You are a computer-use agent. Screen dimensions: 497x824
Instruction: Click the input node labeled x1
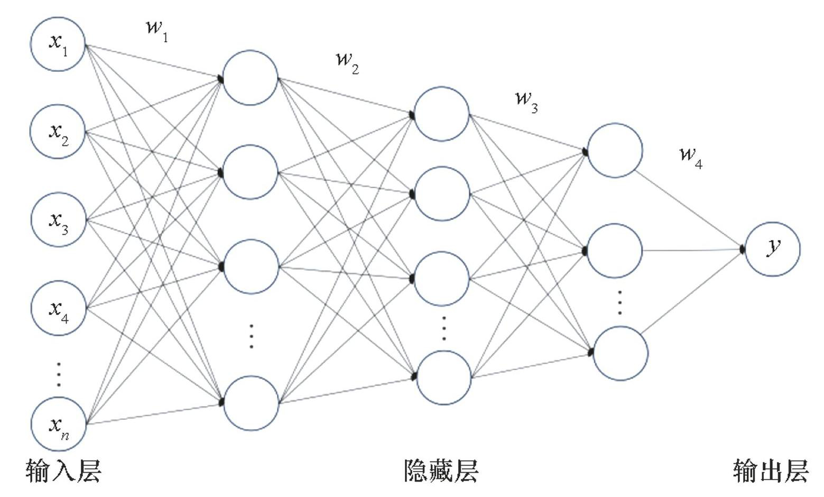(58, 44)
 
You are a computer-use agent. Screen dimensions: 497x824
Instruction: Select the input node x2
(58, 132)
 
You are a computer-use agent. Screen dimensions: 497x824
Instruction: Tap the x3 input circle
(58, 220)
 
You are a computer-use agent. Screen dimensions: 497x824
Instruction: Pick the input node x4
(58, 308)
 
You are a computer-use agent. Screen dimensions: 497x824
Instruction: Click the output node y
(773, 248)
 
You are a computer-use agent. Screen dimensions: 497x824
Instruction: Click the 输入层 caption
(63, 471)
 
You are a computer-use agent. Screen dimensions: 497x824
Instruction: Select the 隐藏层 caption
(441, 471)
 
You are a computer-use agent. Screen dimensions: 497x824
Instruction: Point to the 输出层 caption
(771, 471)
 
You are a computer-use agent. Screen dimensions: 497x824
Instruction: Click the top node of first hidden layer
(250, 78)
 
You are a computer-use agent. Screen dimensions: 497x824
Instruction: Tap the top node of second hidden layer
(441, 114)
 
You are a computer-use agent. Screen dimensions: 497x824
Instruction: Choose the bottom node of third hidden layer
(621, 353)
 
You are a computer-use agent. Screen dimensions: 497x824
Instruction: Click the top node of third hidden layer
(615, 150)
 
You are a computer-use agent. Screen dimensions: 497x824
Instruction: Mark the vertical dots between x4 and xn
(59, 374)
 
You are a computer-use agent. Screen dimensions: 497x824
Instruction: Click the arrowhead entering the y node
(743, 248)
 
